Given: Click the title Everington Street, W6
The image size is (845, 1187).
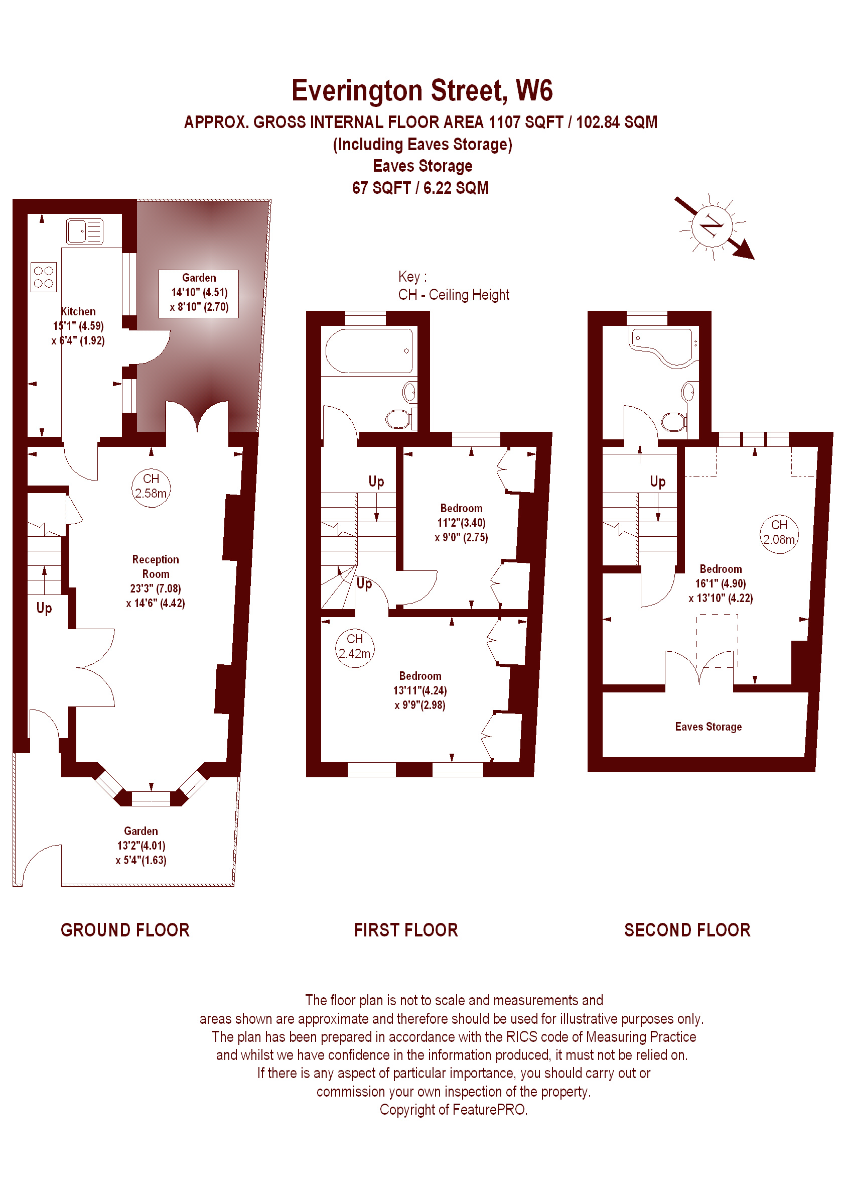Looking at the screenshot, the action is coord(422,90).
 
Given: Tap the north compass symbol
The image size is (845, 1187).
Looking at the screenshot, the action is coord(713,227).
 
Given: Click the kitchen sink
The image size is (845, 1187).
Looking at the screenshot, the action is coord(85,231).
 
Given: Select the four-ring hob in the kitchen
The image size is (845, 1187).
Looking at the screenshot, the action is coord(43,277).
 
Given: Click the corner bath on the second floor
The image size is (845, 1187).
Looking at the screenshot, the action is coord(663,346).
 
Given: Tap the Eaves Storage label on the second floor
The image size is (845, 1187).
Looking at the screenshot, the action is coord(708,726).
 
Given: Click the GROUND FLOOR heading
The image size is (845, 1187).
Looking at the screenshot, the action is coord(125,930).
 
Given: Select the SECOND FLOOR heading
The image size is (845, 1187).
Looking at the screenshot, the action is coord(687,930).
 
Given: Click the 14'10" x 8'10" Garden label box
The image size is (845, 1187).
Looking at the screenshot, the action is coord(199,293).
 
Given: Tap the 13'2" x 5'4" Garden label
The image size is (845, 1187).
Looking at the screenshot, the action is coord(140,846).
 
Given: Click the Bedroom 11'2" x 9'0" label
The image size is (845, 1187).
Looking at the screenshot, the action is coord(462,523).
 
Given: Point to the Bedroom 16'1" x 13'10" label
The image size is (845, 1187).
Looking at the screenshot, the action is coord(721,583).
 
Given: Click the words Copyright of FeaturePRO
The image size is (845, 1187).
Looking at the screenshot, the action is coord(453,1110).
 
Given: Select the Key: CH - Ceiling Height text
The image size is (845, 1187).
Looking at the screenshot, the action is coord(454,286).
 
